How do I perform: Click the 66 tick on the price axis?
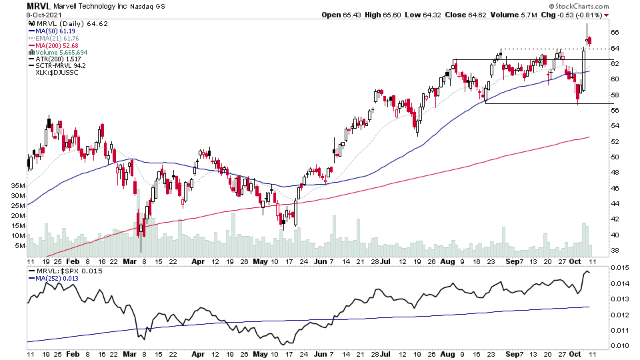pyautogui.click(x=614, y=32)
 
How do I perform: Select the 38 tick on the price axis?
pyautogui.click(x=614, y=251)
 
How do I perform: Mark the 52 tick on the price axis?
pyautogui.click(x=614, y=141)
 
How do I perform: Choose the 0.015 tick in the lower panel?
pyautogui.click(x=619, y=268)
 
